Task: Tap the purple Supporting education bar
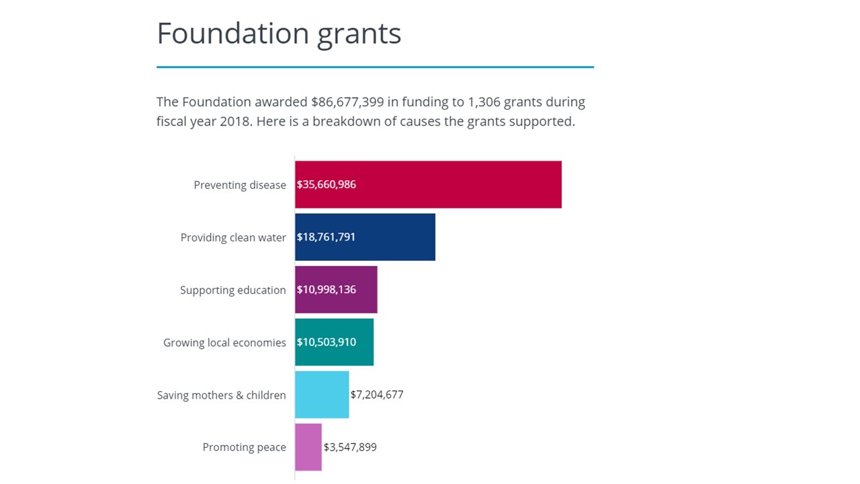367,290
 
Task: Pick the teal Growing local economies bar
365,342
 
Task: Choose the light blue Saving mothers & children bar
322,395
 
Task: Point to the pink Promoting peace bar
308,447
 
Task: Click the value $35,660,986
327,184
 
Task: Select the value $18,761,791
327,237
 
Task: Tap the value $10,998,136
327,290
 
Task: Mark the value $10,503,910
327,342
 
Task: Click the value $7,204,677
377,395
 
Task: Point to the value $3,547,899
350,447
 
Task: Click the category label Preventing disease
240,185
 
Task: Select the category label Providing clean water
233,237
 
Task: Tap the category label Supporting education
232,290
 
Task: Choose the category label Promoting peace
244,448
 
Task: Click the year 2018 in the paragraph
235,122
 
